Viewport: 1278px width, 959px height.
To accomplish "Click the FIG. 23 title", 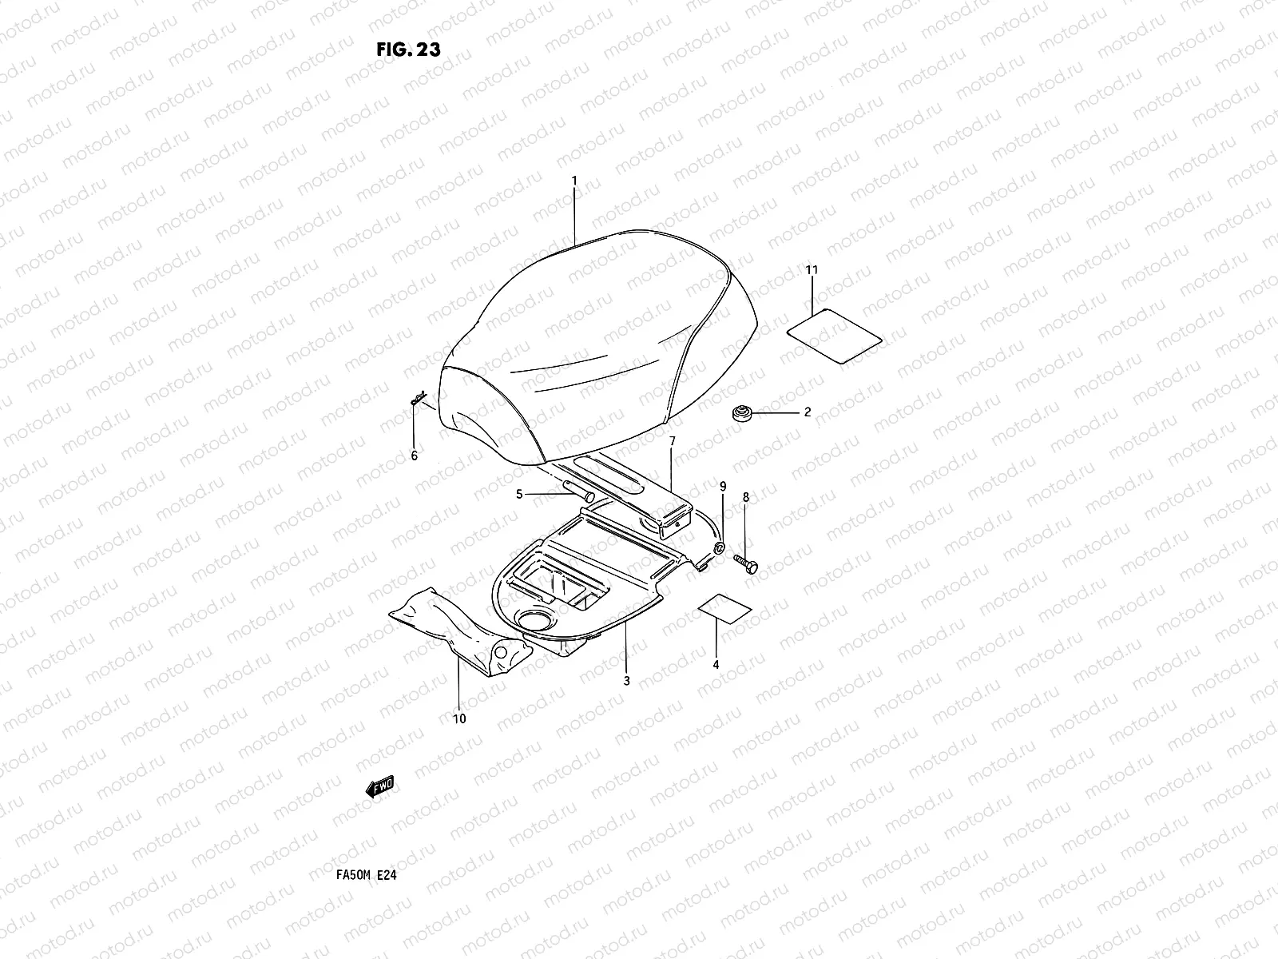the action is point(407,50).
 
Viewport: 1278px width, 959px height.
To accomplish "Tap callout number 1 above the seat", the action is point(574,182).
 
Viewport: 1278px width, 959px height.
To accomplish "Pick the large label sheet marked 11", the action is point(834,336).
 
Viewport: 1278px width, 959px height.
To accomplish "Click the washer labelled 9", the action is point(719,547).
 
